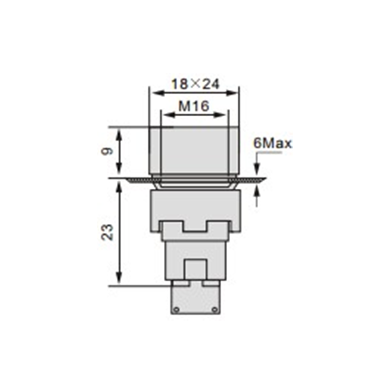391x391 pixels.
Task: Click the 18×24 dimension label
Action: pos(195,84)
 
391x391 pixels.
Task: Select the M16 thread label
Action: pos(194,107)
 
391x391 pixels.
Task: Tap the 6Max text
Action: pos(272,143)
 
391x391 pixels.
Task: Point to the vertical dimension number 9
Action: pos(108,151)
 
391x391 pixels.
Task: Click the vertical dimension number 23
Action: pos(108,233)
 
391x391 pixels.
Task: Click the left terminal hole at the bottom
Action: pos(176,310)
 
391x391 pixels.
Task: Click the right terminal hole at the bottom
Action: pos(215,310)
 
